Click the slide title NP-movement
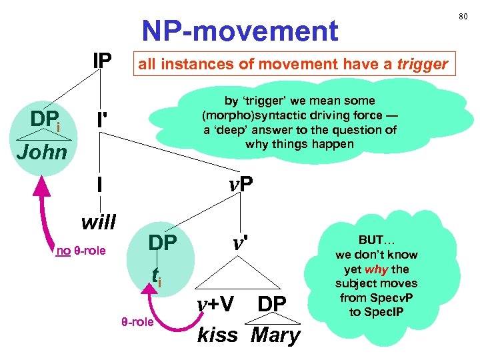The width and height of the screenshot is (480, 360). (x=239, y=31)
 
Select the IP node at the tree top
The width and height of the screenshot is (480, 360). (x=102, y=61)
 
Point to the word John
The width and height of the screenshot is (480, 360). (x=42, y=152)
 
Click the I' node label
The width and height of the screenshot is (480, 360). (x=101, y=121)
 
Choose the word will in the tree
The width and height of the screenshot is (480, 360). (x=98, y=220)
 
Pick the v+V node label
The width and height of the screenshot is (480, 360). (x=215, y=304)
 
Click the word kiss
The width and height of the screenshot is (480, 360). (x=218, y=335)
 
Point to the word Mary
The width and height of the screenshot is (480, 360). (x=275, y=335)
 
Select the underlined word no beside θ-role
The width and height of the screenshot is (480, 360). (x=63, y=251)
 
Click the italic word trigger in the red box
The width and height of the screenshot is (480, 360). (x=422, y=65)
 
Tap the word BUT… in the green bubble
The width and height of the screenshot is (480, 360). (x=377, y=240)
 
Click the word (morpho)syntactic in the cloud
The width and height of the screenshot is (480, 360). (x=245, y=115)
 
